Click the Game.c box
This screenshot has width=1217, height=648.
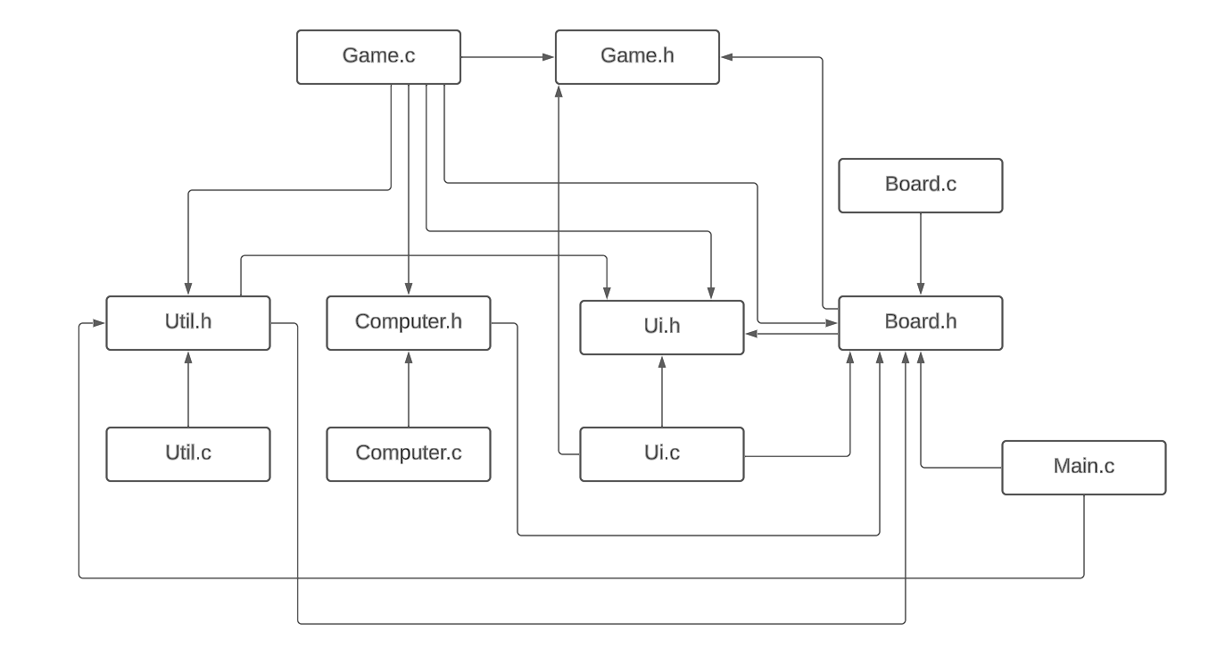pyautogui.click(x=378, y=57)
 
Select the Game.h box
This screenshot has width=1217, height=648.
pyautogui.click(x=637, y=57)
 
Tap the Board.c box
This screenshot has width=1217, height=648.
pyautogui.click(x=920, y=186)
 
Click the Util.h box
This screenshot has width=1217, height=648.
pyautogui.click(x=187, y=323)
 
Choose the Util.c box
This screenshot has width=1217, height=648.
pyautogui.click(x=187, y=454)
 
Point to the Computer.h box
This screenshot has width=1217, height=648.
pyautogui.click(x=408, y=323)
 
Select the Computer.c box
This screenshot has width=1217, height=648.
pyautogui.click(x=408, y=454)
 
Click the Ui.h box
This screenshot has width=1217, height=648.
pyautogui.click(x=661, y=328)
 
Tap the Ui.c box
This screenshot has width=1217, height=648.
pyautogui.click(x=661, y=454)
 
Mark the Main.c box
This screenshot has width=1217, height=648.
pyautogui.click(x=1083, y=468)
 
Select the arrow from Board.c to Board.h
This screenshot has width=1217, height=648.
pyautogui.click(x=920, y=254)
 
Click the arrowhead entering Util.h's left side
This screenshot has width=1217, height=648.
pyautogui.click(x=100, y=323)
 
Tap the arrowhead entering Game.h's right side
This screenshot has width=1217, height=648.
pyautogui.click(x=726, y=57)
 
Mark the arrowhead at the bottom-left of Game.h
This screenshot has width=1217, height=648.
pyautogui.click(x=559, y=91)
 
